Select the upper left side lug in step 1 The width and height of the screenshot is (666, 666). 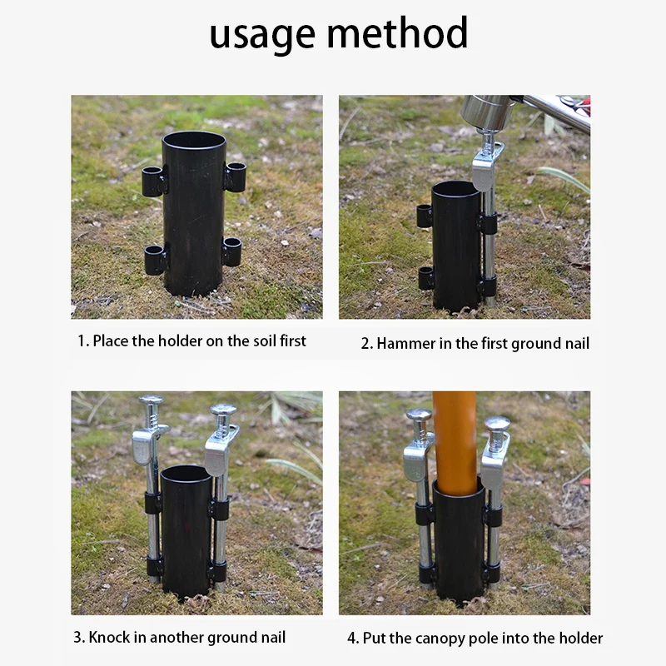tap(153, 180)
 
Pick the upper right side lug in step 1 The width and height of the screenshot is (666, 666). tap(235, 176)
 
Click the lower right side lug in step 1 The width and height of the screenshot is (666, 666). tap(231, 251)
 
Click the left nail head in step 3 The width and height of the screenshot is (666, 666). tap(151, 402)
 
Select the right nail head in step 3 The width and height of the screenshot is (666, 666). tap(223, 410)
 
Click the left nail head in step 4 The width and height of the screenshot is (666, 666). tap(419, 415)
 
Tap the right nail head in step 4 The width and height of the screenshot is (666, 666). tap(497, 424)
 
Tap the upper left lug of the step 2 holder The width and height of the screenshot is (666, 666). tap(425, 216)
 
